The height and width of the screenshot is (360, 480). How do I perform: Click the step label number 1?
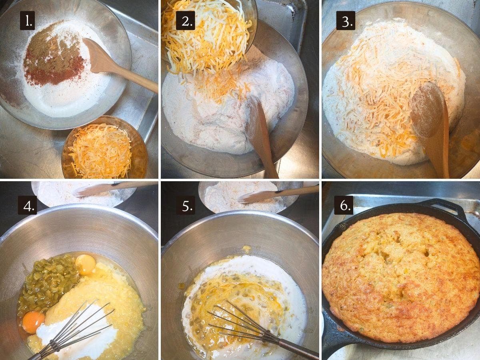(x=27, y=20)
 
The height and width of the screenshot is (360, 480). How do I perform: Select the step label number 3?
(x=345, y=20)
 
